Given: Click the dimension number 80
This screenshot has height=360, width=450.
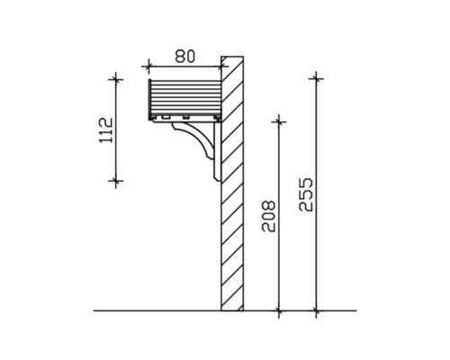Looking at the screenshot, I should tap(184, 55).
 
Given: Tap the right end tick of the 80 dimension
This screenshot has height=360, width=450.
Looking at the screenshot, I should tap(221, 66).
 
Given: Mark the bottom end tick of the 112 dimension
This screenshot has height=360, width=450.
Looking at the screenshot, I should tap(115, 180).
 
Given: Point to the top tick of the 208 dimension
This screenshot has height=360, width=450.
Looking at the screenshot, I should tap(279, 120).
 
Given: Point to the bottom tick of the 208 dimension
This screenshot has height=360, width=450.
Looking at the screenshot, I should tap(279, 311).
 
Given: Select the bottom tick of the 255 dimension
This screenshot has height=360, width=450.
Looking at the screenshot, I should tap(315, 311).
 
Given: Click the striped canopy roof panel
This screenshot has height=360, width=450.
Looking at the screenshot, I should tap(184, 97).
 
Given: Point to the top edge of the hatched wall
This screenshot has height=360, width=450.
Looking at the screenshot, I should tap(232, 57).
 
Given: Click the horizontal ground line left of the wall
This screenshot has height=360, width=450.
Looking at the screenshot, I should tap(153, 311).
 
